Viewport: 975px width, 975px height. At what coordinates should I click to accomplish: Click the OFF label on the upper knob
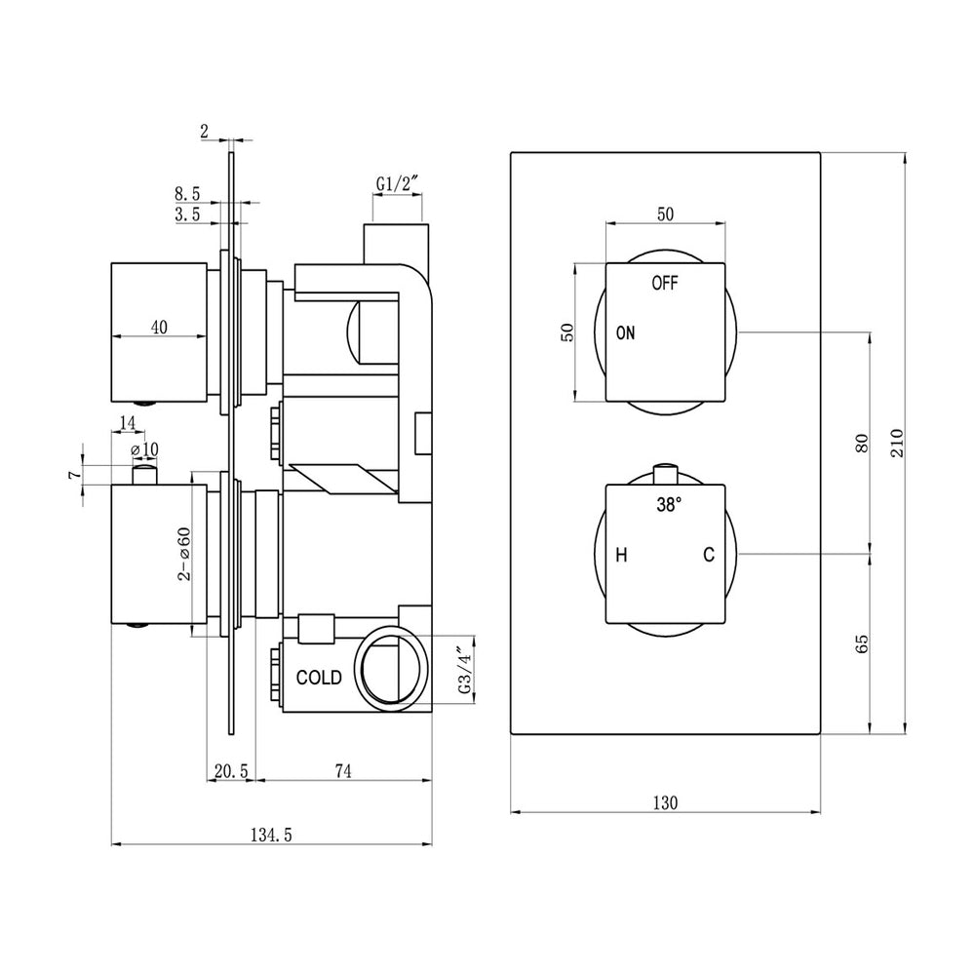pyautogui.click(x=664, y=284)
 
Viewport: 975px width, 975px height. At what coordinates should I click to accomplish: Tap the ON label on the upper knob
pyautogui.click(x=625, y=333)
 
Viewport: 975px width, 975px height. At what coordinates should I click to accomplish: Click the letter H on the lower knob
pyautogui.click(x=620, y=556)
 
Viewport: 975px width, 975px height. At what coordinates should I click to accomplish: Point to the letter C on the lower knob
pyautogui.click(x=709, y=556)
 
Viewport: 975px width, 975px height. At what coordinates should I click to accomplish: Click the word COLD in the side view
pyautogui.click(x=319, y=677)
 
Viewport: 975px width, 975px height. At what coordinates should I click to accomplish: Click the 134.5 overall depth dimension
pyautogui.click(x=272, y=833)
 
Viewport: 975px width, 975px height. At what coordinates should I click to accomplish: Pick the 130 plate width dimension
pyautogui.click(x=665, y=802)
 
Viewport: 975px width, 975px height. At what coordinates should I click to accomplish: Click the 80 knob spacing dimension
pyautogui.click(x=860, y=444)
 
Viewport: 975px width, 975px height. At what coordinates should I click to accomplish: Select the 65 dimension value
pyautogui.click(x=860, y=643)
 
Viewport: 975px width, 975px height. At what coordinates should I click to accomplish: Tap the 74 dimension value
pyautogui.click(x=342, y=771)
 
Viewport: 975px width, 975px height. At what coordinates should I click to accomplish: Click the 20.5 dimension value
pyautogui.click(x=231, y=771)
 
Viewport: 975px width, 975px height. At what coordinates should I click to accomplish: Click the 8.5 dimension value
pyautogui.click(x=188, y=195)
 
